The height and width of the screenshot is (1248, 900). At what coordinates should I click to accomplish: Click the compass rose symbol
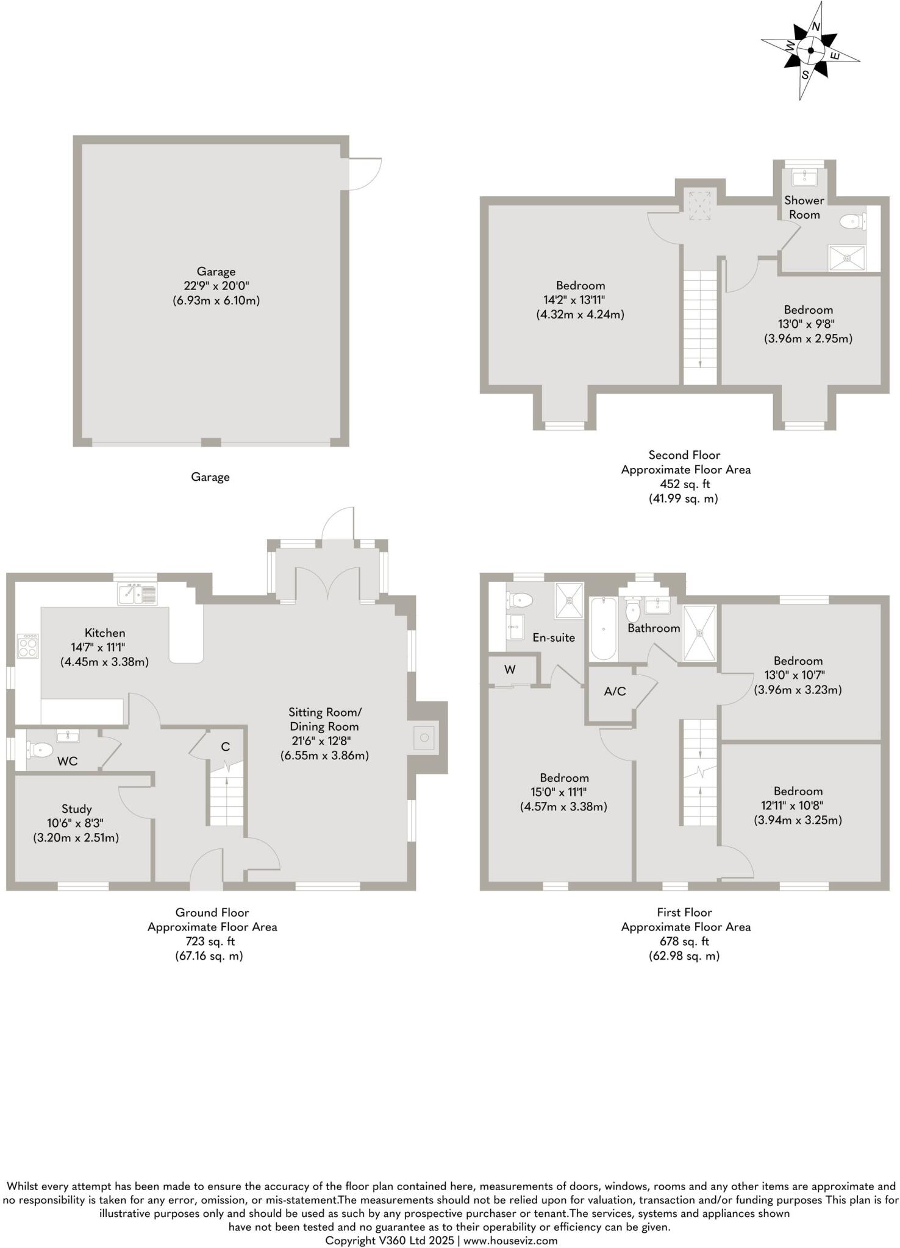[x=810, y=52]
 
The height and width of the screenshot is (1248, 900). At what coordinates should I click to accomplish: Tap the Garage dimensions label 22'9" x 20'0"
[x=216, y=286]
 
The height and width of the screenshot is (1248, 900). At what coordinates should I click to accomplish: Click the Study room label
[x=76, y=809]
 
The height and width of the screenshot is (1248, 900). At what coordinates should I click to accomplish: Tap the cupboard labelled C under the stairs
[x=225, y=746]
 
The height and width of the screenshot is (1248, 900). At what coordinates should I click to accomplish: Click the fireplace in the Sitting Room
[x=425, y=738]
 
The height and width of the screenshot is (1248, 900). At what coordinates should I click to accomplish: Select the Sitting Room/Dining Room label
[x=324, y=719]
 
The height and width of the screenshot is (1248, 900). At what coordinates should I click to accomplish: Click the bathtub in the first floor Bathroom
[x=603, y=628]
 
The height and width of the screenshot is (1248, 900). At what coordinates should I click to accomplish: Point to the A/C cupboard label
[x=615, y=691]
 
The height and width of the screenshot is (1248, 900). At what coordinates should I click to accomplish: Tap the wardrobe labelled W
[x=510, y=670]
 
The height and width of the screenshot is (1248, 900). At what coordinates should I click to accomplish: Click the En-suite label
[x=554, y=637]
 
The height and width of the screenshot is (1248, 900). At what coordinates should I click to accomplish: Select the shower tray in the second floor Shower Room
[x=846, y=257]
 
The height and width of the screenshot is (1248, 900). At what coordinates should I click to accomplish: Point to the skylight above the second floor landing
[x=699, y=205]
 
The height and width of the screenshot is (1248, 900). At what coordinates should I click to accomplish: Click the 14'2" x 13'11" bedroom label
[x=580, y=300]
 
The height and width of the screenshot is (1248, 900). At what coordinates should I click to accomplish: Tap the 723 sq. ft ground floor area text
[x=212, y=941]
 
